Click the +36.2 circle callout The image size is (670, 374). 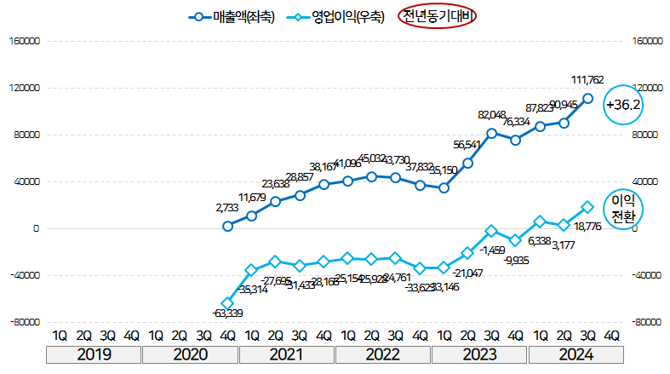tap(622, 104)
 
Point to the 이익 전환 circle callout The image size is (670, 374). tap(624, 208)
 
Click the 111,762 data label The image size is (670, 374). tap(588, 80)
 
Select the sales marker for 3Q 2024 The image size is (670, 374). tap(587, 98)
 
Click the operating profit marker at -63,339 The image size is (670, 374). tap(227, 303)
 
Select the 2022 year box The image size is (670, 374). tap(382, 354)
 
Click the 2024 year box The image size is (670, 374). tap(576, 354)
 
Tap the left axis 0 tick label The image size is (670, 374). tap(36, 228)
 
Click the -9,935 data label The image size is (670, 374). tap(517, 260)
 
